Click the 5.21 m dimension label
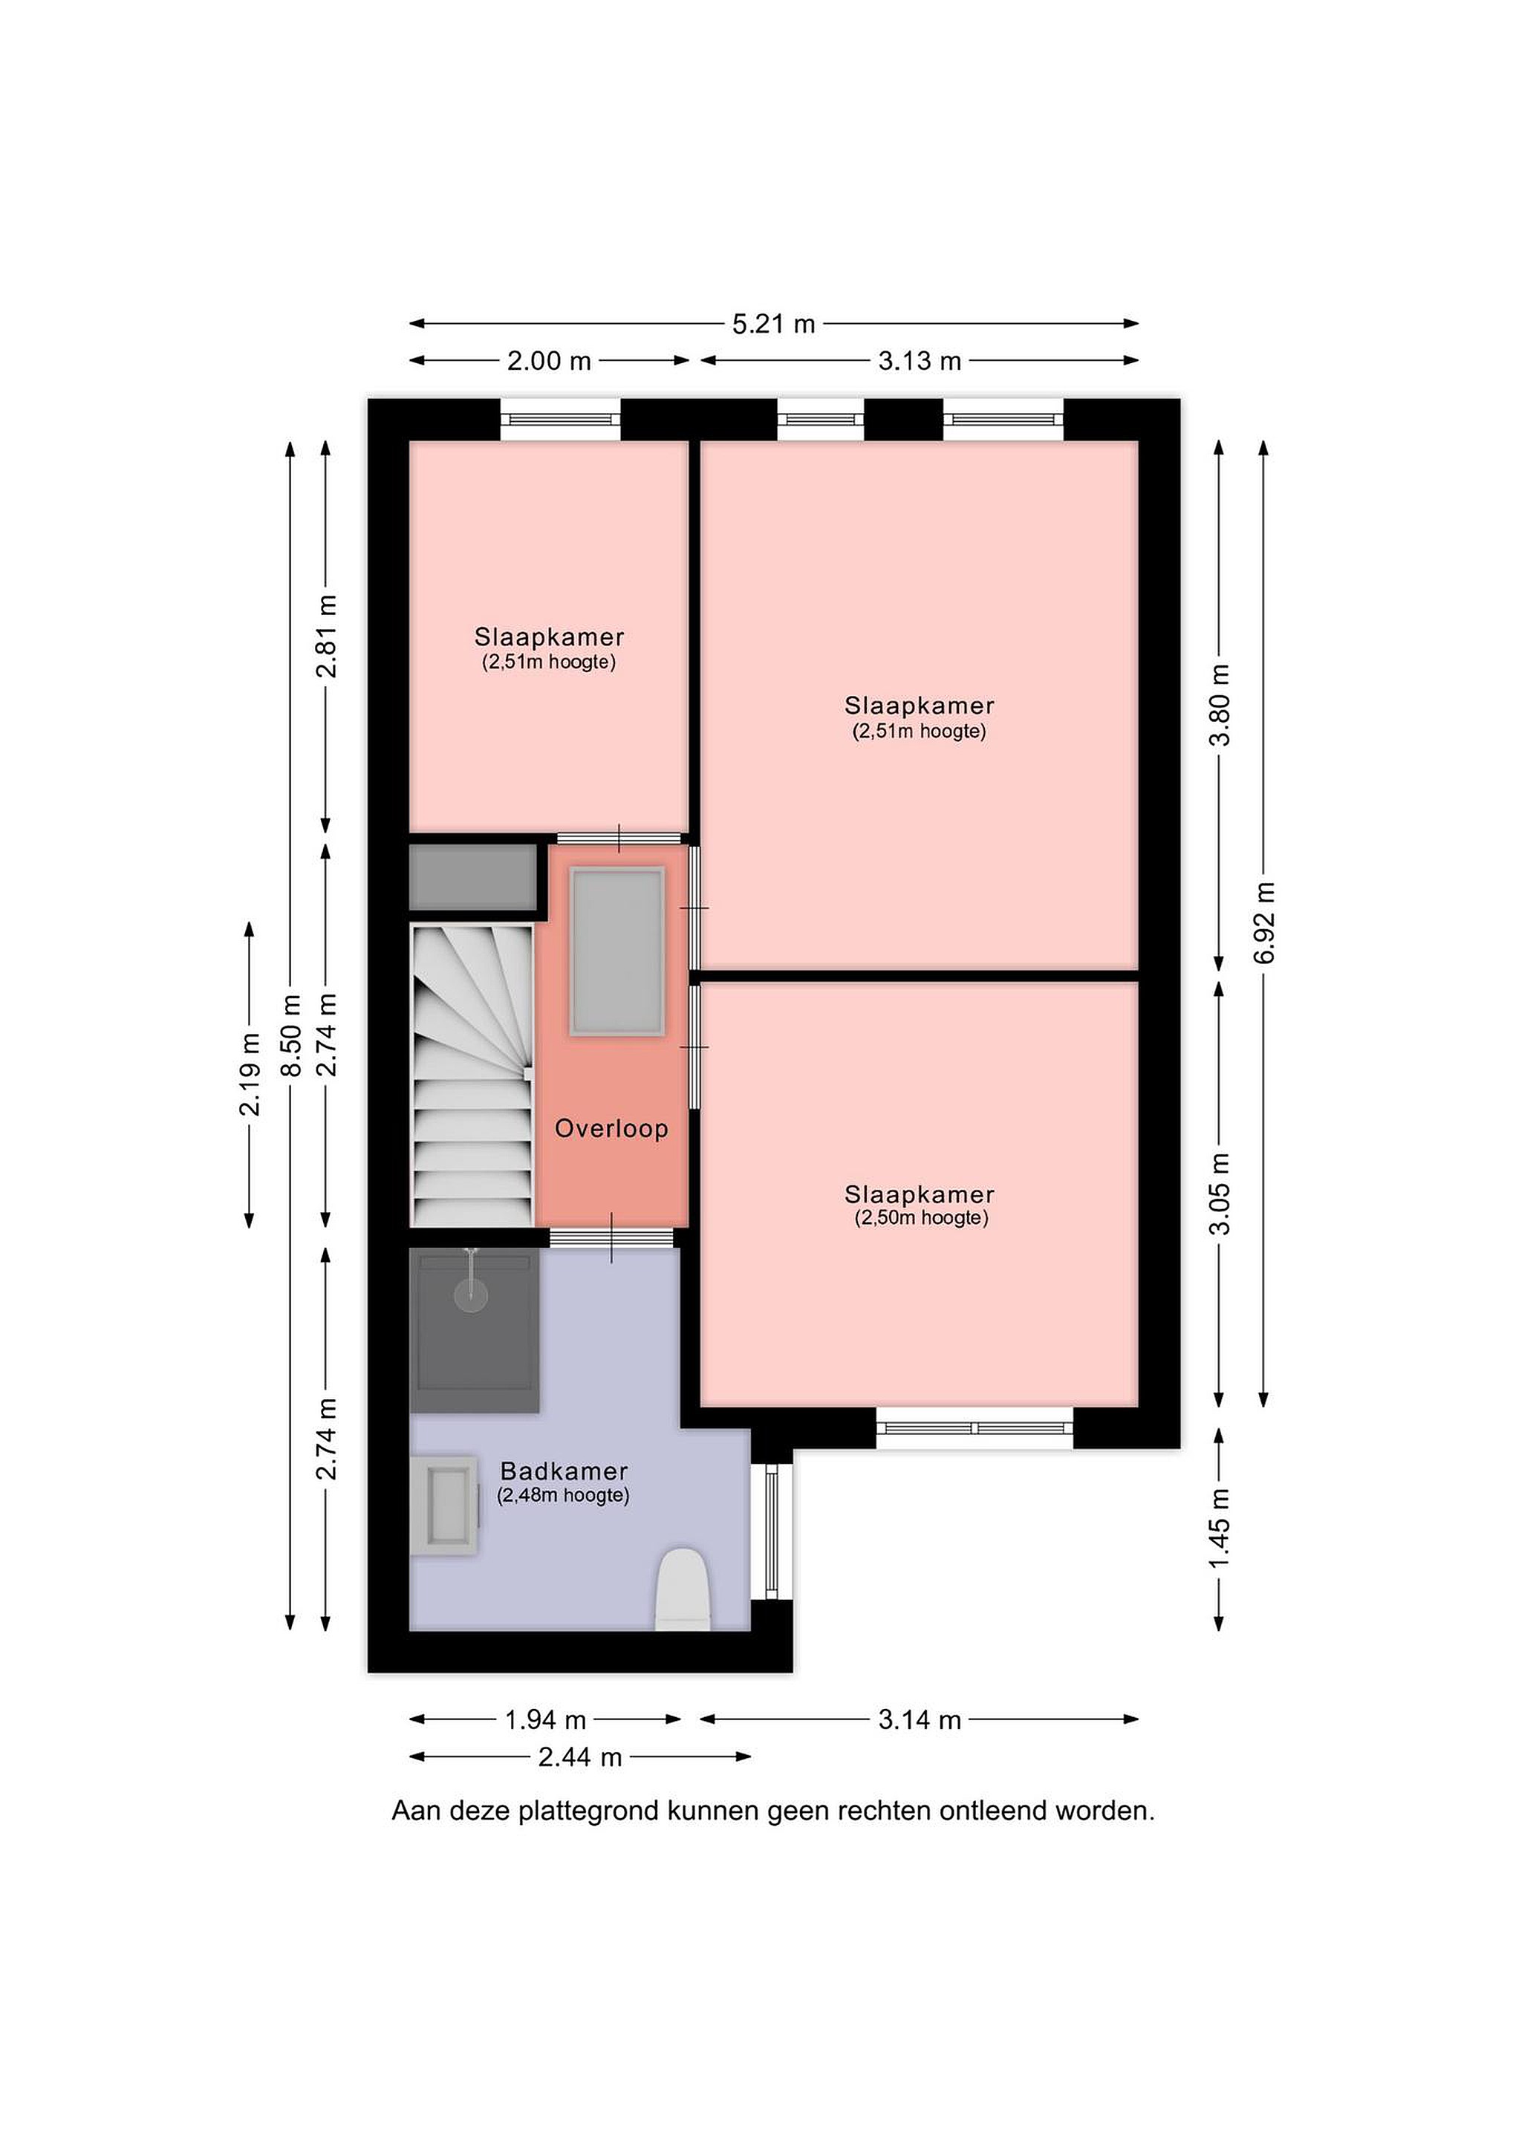coord(773,325)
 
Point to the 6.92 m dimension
coord(1264,922)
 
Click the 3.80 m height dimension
coord(1220,706)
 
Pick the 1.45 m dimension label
coord(1220,1528)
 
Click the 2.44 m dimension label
coord(579,1757)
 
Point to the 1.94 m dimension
coord(545,1720)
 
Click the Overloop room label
coord(611,1129)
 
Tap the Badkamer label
coord(564,1471)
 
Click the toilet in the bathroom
coord(684,1589)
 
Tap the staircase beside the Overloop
coord(472,1075)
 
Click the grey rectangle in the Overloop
coord(618,951)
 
